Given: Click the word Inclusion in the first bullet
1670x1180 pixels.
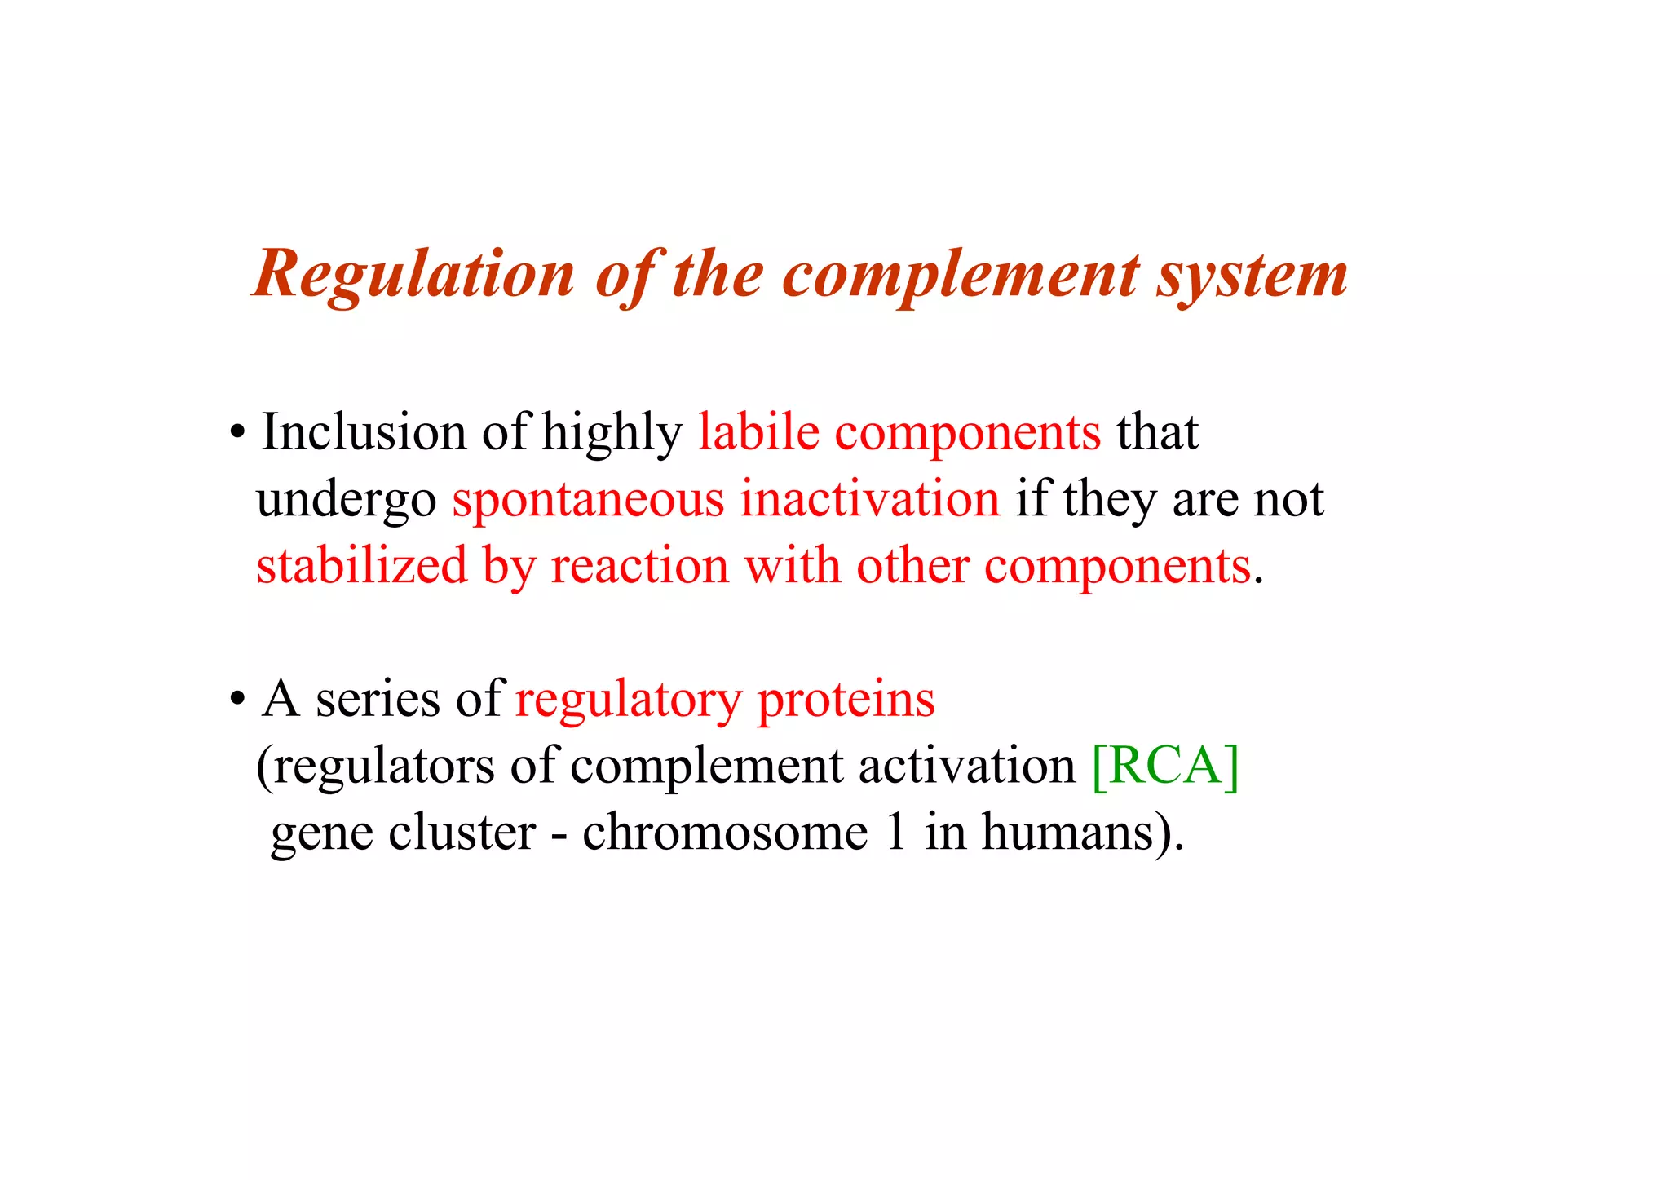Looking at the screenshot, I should click(x=364, y=432).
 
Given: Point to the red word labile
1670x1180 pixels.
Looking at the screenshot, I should click(x=758, y=432).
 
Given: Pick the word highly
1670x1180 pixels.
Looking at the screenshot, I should click(x=612, y=432).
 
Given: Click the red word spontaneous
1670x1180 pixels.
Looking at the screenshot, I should click(x=588, y=499).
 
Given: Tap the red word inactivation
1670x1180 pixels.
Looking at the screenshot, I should click(x=869, y=499).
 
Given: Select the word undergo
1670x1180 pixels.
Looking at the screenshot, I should click(x=347, y=499).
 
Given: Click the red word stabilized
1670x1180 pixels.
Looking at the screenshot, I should click(x=362, y=566).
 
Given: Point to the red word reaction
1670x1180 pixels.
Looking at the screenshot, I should click(x=640, y=566).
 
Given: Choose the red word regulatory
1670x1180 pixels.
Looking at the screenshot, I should click(x=628, y=700).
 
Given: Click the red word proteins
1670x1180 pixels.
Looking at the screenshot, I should click(x=846, y=700).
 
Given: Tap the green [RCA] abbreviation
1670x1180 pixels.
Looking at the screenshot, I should click(x=1164, y=766).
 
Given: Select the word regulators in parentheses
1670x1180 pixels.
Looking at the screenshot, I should click(x=383, y=766).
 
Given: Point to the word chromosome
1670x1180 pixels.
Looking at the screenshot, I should click(x=725, y=833).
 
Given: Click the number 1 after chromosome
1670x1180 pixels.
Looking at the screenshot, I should click(x=896, y=833).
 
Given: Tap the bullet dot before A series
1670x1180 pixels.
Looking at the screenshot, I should click(x=237, y=700).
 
